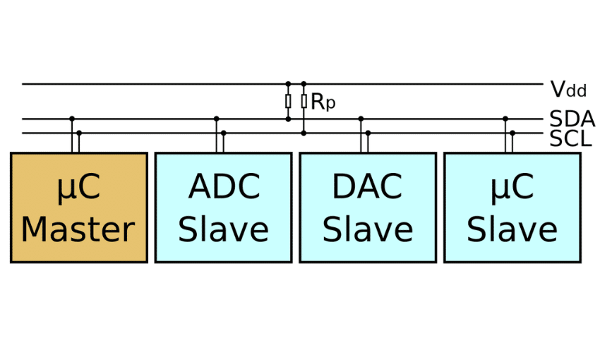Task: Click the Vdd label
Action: coord(568,90)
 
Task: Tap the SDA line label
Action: coord(572,119)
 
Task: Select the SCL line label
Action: coord(570,138)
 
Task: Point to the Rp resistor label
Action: coord(323,102)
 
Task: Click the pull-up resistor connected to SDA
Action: coord(288,102)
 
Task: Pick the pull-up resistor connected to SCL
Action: coord(304,102)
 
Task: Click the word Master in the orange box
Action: coord(78,229)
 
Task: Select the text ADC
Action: coord(224,187)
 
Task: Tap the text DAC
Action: coord(367,187)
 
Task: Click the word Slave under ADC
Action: coord(223,229)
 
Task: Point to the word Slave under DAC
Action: coord(367,229)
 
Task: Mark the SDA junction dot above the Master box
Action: coord(72,119)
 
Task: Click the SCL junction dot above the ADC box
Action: coord(224,133)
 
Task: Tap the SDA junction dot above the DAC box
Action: coord(361,119)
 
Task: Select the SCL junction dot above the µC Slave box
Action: coord(512,133)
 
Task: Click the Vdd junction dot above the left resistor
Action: coord(288,84)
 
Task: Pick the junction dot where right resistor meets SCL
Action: coord(304,133)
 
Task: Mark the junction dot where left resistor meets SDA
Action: coord(288,119)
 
